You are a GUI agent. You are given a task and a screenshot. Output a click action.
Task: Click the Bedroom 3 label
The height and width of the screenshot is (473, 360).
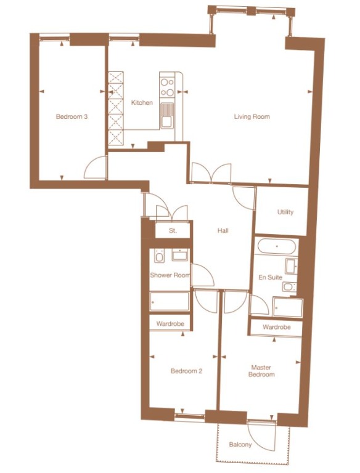point(71,116)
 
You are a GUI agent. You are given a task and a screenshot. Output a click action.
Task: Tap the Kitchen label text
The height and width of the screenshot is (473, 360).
point(142,103)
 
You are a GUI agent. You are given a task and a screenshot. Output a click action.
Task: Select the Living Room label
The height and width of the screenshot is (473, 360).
point(252,116)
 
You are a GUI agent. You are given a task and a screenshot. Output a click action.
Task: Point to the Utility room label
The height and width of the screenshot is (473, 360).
point(285,212)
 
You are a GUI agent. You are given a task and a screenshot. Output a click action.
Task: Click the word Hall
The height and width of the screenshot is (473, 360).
point(223,230)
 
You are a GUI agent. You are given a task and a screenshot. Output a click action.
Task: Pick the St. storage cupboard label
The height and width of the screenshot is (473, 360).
point(173,231)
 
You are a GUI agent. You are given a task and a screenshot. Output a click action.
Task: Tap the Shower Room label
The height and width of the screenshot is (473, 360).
point(170,275)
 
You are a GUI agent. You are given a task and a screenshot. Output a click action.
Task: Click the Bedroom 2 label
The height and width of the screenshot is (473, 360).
point(186,371)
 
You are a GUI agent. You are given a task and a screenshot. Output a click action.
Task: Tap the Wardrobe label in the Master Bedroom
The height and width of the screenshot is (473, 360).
point(276,327)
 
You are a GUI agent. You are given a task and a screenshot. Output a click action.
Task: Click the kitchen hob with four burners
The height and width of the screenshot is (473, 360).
point(167,86)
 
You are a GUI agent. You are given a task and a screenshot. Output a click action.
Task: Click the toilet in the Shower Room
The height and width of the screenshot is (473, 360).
point(158,255)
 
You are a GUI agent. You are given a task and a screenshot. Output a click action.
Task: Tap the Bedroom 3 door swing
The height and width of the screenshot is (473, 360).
point(96,167)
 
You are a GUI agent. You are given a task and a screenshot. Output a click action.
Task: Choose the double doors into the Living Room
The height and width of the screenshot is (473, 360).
point(211,172)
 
